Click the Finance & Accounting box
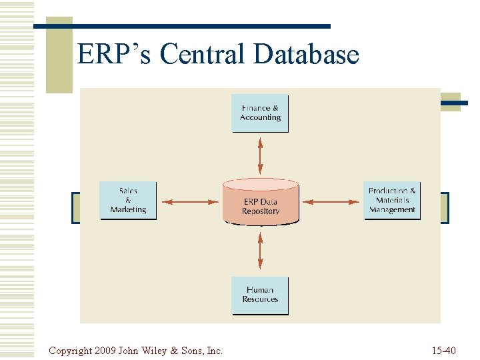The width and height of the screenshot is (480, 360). pos(260,113)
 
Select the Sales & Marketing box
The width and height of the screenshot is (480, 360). pos(128,200)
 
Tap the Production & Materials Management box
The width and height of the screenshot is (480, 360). pos(392,200)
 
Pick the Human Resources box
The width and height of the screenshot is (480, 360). pos(260,295)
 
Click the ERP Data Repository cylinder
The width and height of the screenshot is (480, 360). pos(260,201)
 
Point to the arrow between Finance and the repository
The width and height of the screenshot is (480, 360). pos(260,155)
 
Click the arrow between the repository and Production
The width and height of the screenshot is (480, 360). pos(331,201)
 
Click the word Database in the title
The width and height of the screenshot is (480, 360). pos(306,55)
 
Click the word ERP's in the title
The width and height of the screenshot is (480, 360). pos(115,55)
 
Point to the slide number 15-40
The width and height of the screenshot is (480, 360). pos(443,350)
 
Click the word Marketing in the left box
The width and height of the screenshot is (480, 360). pos(128,209)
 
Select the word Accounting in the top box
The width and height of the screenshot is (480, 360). pos(260,117)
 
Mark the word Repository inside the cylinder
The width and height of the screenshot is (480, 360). pos(261,211)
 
